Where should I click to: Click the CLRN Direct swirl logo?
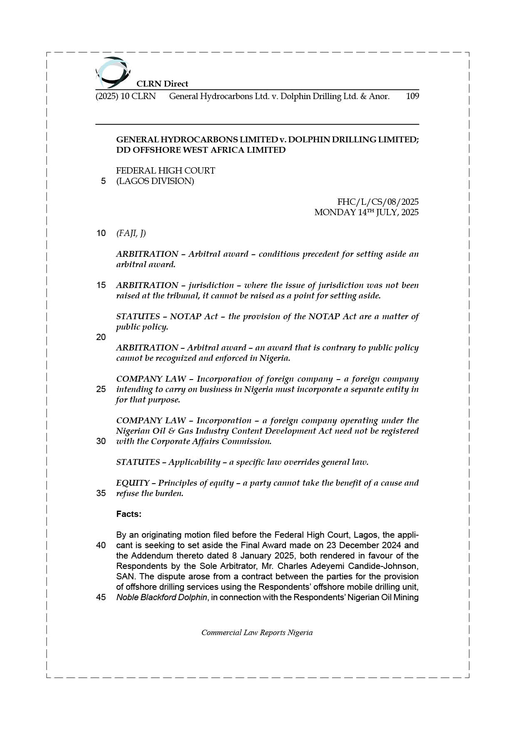point(112,72)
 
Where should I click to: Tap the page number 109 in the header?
point(412,96)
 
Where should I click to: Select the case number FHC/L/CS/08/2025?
point(378,202)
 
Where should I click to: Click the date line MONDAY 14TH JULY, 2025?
point(366,212)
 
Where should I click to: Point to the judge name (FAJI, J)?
point(131,233)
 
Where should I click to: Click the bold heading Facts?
point(129,514)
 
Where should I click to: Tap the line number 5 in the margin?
point(103,181)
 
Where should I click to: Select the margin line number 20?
point(101,337)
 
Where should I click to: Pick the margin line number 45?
point(101,597)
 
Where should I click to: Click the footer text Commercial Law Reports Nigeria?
point(257,633)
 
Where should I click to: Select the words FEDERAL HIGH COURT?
point(166,171)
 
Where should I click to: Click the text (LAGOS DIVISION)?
point(155,181)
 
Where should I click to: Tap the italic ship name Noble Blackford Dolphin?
point(161,597)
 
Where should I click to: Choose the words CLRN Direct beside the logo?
point(162,84)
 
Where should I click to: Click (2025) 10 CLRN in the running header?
point(126,96)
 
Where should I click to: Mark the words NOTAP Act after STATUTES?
point(194,316)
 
